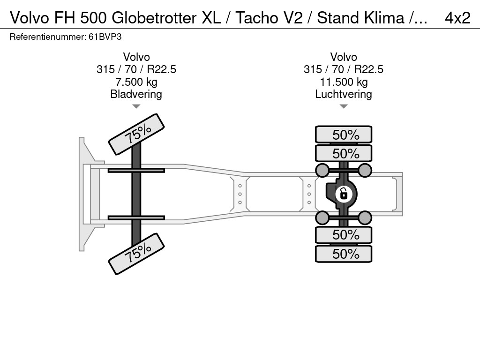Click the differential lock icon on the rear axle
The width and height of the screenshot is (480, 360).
point(344,193)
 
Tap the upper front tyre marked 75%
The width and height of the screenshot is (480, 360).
point(136,134)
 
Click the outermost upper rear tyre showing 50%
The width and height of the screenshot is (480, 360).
point(344,135)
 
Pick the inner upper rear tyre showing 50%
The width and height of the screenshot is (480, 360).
point(344,153)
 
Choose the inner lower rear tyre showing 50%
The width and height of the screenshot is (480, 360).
point(344,234)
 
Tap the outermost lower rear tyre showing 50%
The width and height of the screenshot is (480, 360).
point(344,254)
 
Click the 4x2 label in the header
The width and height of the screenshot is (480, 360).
point(457,18)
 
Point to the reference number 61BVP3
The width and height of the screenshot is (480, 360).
point(108,37)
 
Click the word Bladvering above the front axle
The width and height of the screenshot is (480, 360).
point(136,94)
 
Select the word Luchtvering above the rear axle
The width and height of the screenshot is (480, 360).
point(344,94)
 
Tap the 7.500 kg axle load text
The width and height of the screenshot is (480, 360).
point(136,82)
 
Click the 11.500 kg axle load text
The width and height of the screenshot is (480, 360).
point(344,82)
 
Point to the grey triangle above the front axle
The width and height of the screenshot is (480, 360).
point(136,106)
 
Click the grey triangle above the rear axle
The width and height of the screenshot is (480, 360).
point(344,106)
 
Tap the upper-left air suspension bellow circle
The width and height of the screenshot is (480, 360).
point(322,170)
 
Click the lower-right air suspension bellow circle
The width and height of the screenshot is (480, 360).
point(365,217)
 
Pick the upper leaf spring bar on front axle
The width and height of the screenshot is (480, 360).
point(136,170)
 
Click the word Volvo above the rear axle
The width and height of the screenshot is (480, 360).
point(344,57)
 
